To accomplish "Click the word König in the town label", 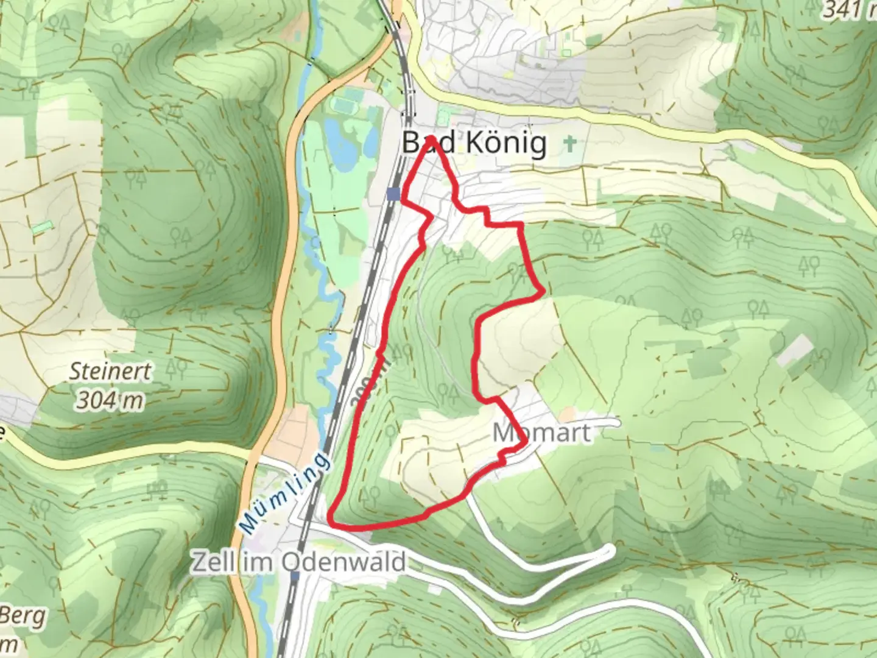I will pos(507,144).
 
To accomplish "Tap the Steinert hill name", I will pos(110,371).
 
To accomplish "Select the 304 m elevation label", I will pos(110,400).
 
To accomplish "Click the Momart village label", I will pos(541,433).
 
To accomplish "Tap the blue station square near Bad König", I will pos(393,194).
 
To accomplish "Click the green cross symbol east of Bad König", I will pos(570,144).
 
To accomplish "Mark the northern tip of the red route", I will pos(431,139).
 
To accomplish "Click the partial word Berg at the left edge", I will pos(23,617).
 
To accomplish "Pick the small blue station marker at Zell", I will pos(295,575).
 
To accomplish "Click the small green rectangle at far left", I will pos(42,227).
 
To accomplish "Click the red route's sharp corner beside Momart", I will pos(524,447).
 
